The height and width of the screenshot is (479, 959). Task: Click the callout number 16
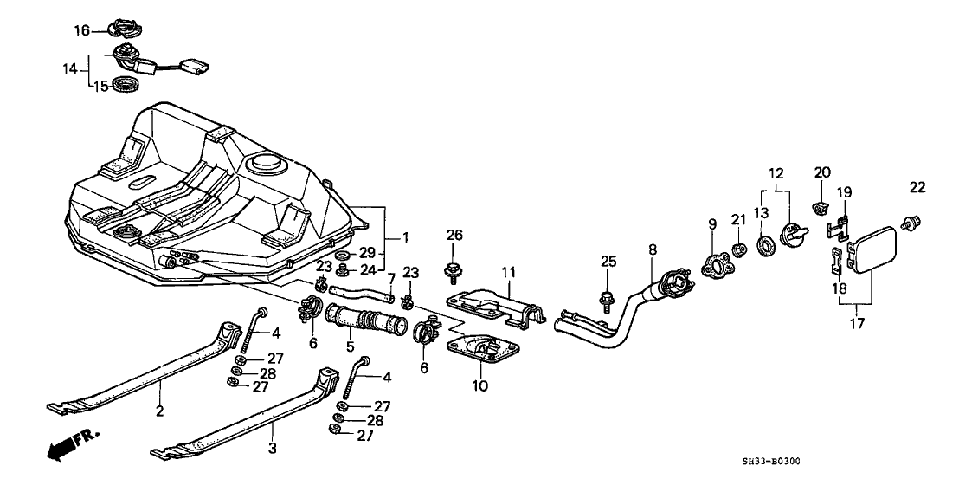[80, 30]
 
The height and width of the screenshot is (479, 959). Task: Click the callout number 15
[101, 86]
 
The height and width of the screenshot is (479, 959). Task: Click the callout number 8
[653, 250]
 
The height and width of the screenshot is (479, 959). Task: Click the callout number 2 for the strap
[159, 412]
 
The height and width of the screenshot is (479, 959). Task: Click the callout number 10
[479, 385]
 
